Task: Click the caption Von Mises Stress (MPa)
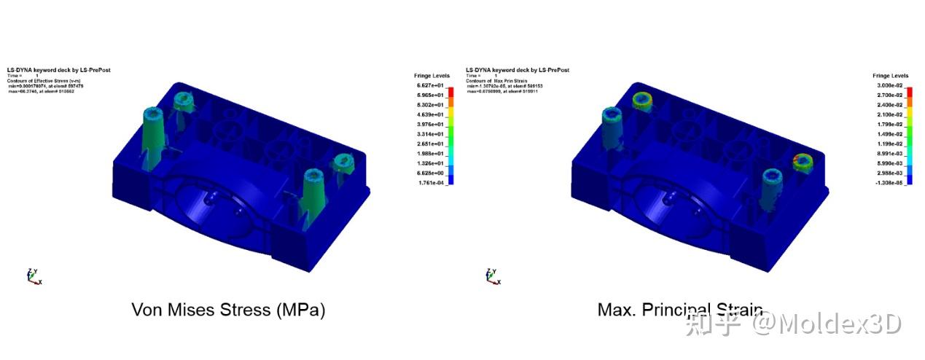[x=228, y=310]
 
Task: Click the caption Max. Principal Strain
[x=679, y=310]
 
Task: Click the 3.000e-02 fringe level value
[x=887, y=86]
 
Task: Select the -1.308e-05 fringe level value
[x=887, y=183]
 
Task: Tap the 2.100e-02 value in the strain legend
[x=887, y=115]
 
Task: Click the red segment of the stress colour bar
[x=450, y=91]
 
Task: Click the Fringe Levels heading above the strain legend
[x=890, y=76]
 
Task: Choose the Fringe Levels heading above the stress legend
[x=432, y=76]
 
